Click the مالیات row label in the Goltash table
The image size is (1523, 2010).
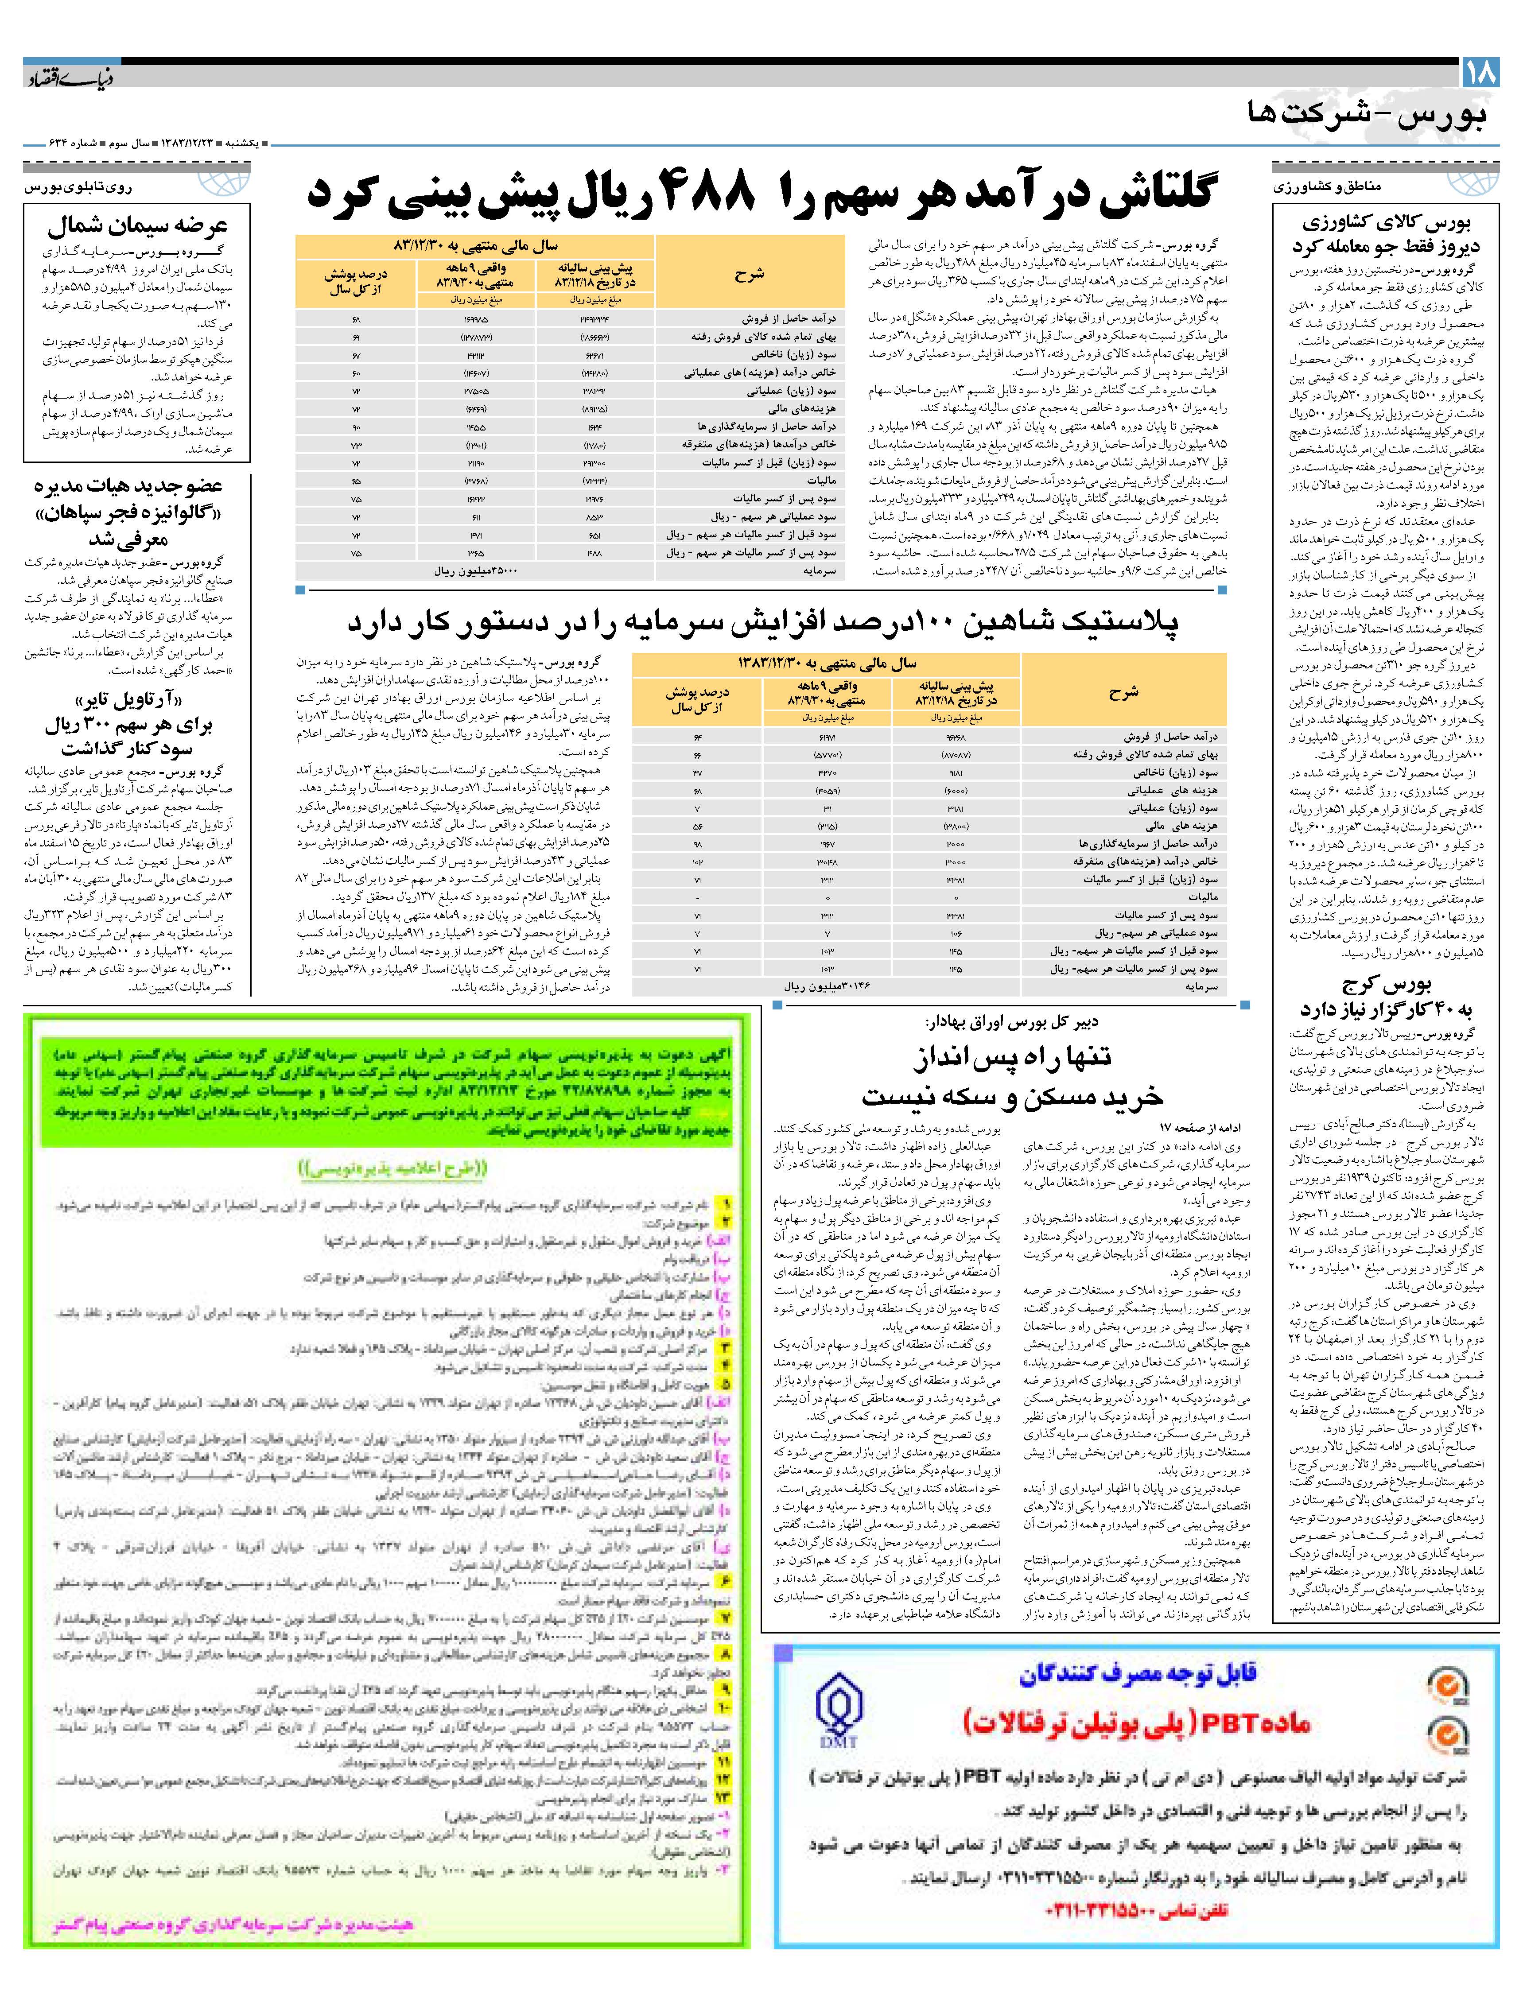[822, 480]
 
